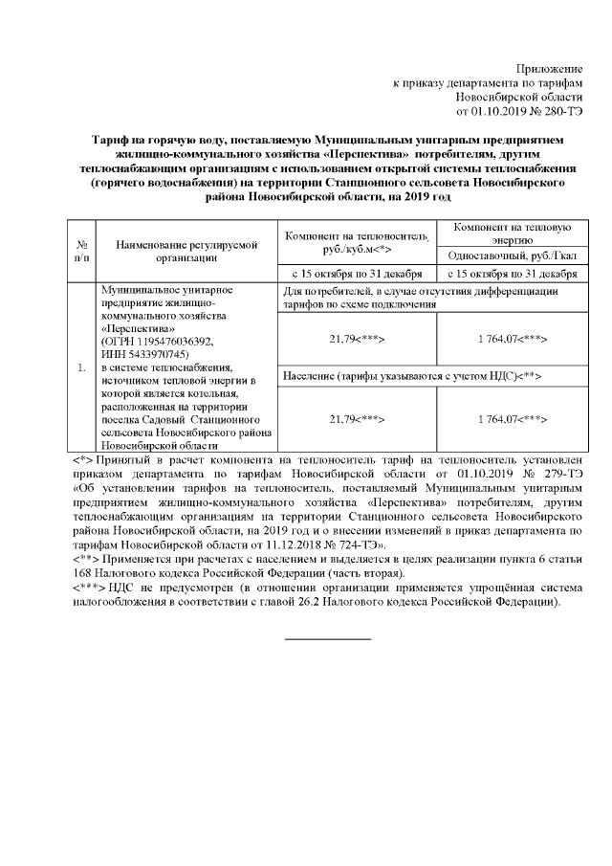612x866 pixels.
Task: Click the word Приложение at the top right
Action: pyautogui.click(x=549, y=69)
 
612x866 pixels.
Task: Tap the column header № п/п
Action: pyautogui.click(x=82, y=250)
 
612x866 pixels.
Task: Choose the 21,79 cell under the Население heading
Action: pyautogui.click(x=356, y=419)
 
